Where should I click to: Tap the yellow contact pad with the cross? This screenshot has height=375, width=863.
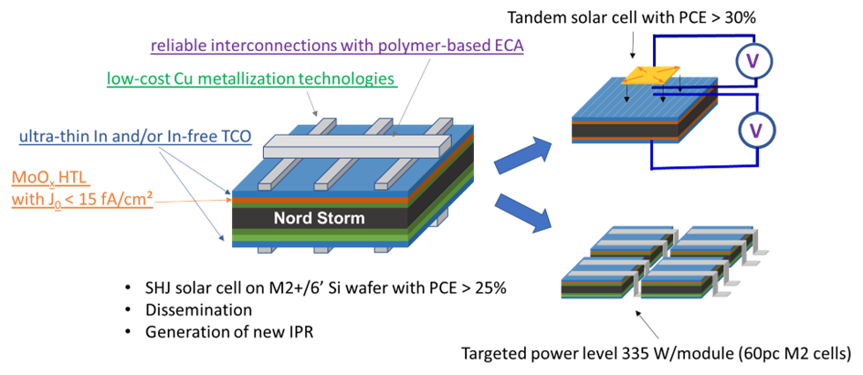tap(651, 76)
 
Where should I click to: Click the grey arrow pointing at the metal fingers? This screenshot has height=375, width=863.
tap(315, 108)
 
